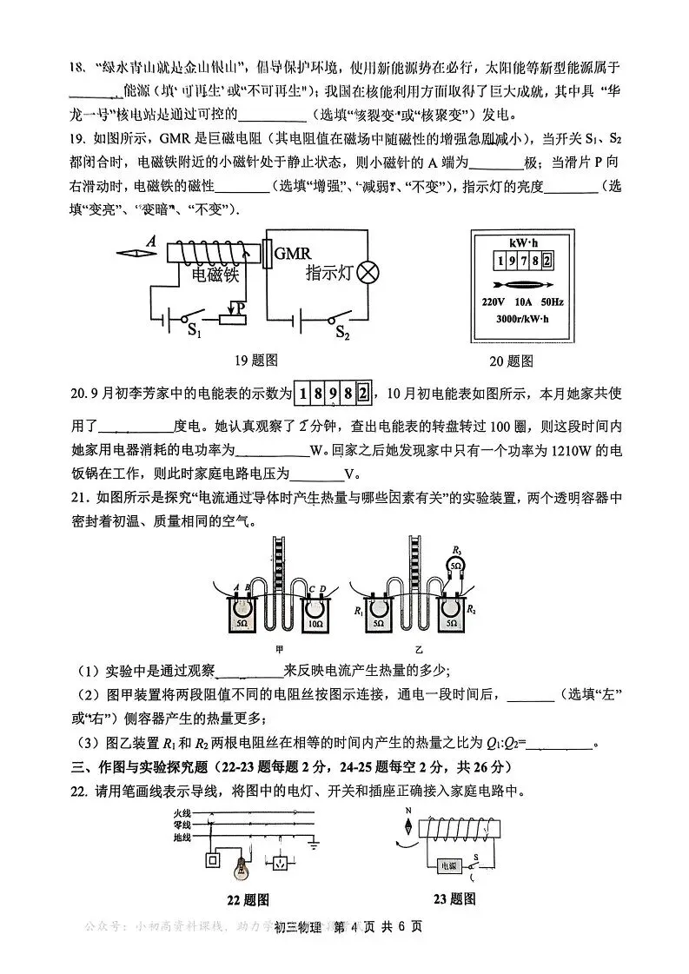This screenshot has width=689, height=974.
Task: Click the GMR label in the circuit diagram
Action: coord(292,253)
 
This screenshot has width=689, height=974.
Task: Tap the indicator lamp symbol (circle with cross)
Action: coord(369,273)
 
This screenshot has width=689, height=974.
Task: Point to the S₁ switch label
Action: coord(195,331)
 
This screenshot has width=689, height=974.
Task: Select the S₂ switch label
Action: coord(342,331)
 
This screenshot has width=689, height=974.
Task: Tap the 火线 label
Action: coord(181,813)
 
